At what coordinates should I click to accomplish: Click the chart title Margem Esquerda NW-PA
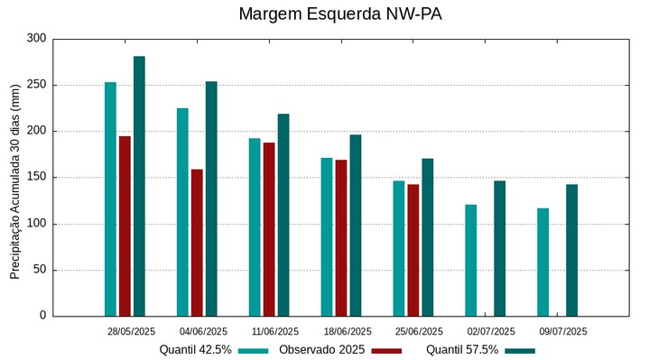tap(340, 14)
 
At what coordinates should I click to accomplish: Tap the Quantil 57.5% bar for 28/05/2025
tap(139, 186)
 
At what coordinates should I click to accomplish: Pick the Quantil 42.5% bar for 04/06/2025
tap(182, 212)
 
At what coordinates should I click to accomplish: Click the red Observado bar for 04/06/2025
tap(197, 242)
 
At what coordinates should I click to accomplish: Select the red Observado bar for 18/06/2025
tap(341, 237)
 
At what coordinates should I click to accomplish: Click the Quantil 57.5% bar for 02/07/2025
tap(499, 248)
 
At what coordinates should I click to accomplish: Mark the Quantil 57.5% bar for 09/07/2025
tap(571, 250)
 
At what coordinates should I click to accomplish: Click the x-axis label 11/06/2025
tap(275, 331)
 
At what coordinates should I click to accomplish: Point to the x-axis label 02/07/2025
tap(491, 331)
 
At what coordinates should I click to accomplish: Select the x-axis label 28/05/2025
tap(131, 331)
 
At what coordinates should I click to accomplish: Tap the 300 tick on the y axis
tap(36, 39)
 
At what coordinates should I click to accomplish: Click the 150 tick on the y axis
tap(36, 178)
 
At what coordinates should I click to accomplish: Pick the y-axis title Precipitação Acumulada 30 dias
tap(15, 177)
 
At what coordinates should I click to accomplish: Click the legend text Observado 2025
tap(321, 349)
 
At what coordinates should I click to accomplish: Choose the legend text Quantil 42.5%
tap(195, 349)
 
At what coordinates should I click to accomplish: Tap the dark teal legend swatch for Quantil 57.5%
tap(520, 350)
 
